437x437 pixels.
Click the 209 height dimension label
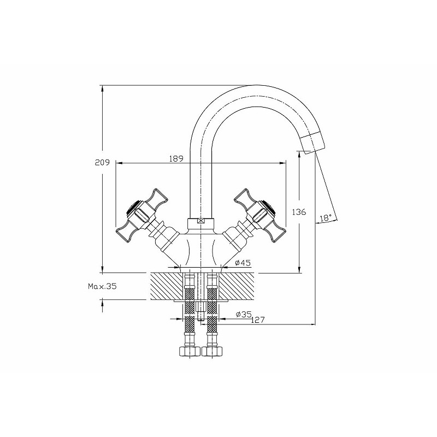coord(102,162)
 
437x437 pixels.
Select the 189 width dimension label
coord(176,158)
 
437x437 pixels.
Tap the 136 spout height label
coord(299,212)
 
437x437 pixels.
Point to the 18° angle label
coord(326,217)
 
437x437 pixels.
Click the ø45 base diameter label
coord(243,263)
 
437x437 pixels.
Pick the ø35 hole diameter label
coord(244,315)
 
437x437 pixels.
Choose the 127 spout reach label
coord(257,320)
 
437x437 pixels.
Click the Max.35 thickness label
coord(102,286)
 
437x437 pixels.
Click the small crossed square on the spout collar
coord(200,221)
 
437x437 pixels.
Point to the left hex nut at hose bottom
coord(189,351)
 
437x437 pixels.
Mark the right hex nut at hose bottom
coord(212,351)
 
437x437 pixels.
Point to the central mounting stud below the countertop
coord(200,312)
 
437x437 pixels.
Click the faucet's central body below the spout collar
coord(200,248)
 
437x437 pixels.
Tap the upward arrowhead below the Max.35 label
coord(103,304)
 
